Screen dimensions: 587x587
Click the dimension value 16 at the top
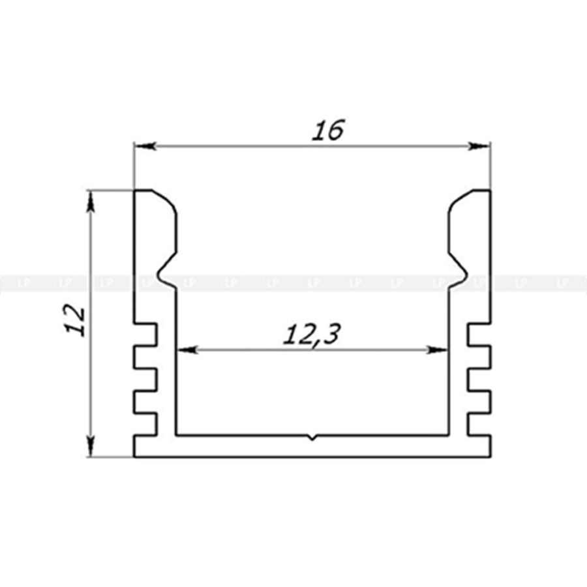328,130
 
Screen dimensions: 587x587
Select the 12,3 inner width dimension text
312,335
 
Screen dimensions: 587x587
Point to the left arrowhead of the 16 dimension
145,146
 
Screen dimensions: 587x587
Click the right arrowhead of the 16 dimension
479,146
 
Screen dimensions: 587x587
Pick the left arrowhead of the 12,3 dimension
187,350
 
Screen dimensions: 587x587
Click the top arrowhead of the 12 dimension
90,202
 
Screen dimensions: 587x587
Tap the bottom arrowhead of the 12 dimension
90,446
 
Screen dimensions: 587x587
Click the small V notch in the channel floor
312,437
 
